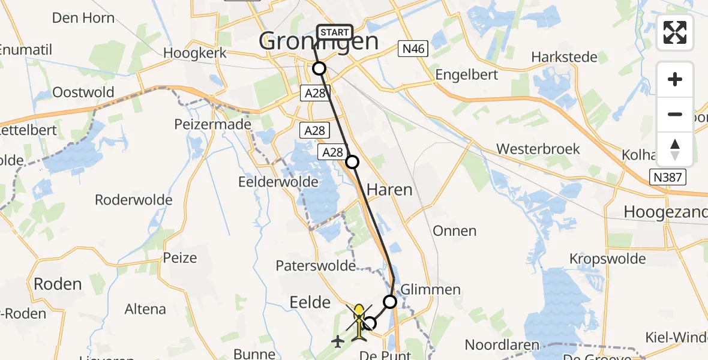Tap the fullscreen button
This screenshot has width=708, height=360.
[675, 32]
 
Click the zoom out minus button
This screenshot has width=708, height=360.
[675, 114]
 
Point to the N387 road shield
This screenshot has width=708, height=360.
[668, 176]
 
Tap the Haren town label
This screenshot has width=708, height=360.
[389, 190]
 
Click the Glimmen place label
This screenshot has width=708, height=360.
[430, 289]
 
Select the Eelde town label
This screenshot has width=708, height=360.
[310, 302]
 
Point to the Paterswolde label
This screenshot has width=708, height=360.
[316, 265]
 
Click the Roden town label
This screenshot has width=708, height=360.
[58, 284]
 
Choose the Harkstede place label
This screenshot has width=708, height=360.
[565, 57]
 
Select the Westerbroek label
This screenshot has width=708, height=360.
[538, 149]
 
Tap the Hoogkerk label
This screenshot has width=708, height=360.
[195, 53]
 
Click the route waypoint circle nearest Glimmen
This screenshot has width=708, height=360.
[391, 301]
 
